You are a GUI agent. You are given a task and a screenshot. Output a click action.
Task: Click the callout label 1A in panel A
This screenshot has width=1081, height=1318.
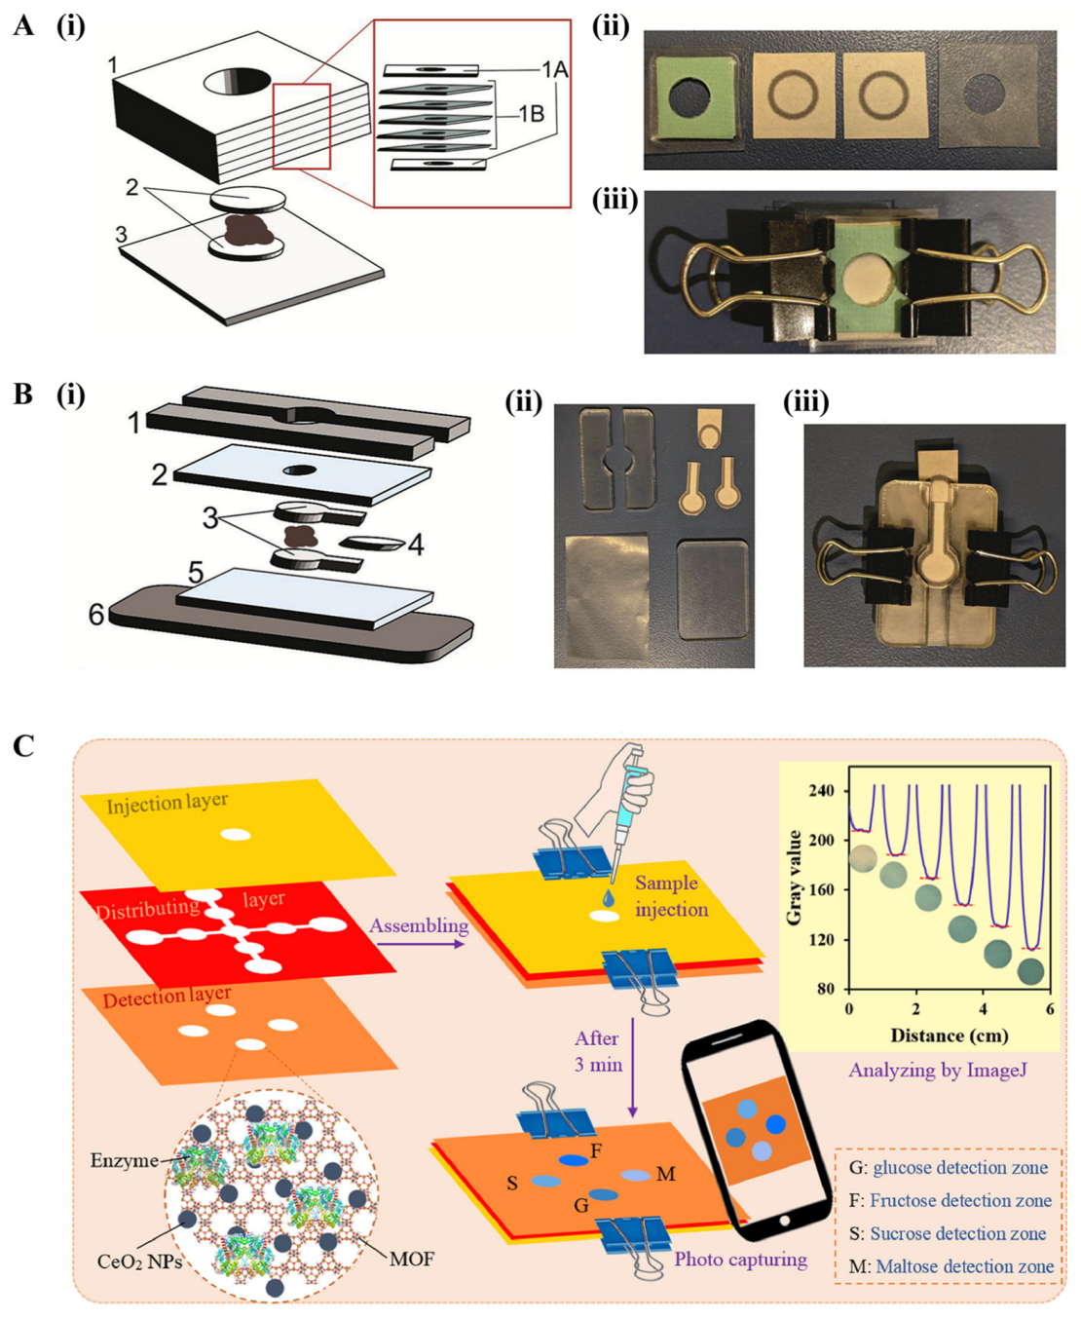click(x=554, y=69)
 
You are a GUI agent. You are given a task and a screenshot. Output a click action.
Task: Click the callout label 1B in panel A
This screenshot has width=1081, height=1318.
click(x=530, y=114)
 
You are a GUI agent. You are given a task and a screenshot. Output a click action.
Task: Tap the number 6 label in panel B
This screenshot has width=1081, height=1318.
click(x=96, y=614)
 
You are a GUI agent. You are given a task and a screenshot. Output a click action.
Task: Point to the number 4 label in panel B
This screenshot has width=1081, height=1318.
click(x=416, y=545)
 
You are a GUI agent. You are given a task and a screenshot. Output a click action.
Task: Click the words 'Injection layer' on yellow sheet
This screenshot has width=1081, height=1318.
click(x=167, y=803)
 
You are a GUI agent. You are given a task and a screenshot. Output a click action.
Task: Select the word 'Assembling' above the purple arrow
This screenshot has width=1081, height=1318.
click(x=418, y=924)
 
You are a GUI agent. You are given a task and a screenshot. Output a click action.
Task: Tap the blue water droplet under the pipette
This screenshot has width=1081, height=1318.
click(x=609, y=898)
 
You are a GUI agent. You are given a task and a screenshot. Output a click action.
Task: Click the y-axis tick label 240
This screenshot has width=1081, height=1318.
click(x=821, y=790)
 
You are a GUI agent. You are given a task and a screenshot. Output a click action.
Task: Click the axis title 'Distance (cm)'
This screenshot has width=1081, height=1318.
click(x=949, y=1035)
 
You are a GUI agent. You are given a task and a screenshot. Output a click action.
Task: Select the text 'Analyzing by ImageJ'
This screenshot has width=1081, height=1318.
click(x=937, y=1070)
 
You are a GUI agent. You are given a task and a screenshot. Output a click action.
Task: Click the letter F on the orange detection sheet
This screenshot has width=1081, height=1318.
click(x=596, y=1150)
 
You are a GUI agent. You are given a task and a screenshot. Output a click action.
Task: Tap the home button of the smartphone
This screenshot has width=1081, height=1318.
click(x=784, y=1221)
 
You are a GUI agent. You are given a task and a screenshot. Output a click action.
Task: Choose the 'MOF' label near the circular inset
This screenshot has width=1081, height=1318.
click(x=411, y=1259)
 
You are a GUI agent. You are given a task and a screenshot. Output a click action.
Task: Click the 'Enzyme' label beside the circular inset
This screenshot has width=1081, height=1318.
click(x=124, y=1160)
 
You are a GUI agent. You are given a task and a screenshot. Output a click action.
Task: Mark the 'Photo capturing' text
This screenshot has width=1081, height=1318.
click(x=740, y=1260)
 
